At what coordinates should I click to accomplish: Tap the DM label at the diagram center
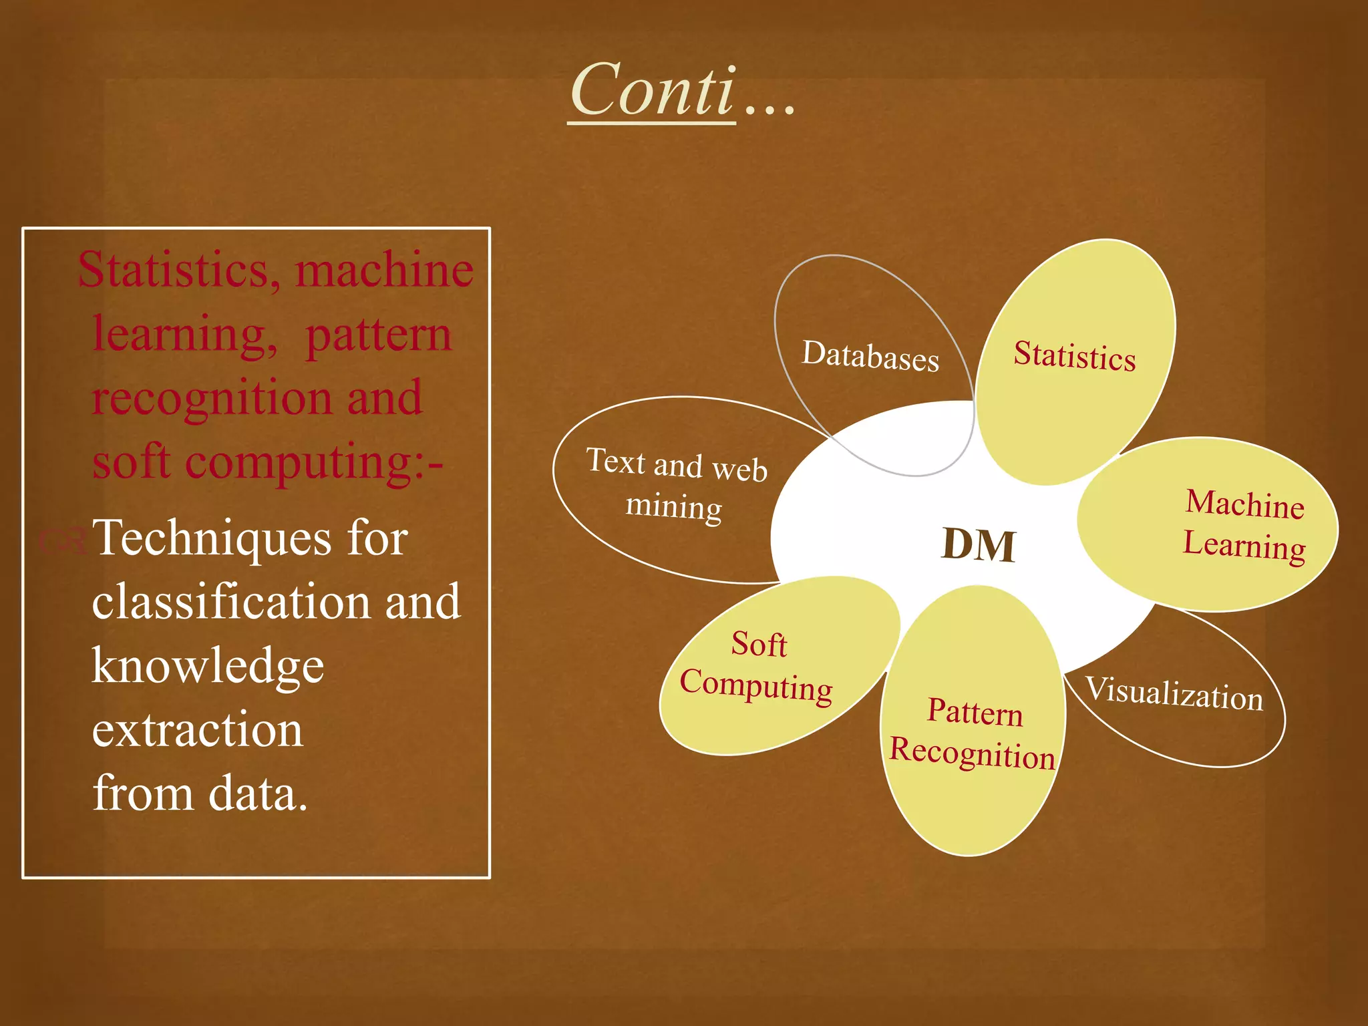pos(979,545)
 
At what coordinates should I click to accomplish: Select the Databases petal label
pos(870,355)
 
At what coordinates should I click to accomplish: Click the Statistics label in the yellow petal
pos(1074,355)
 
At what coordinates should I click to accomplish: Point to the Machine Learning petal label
pos(1244,525)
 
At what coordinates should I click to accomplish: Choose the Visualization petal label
pos(1174,693)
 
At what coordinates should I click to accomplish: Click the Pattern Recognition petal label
pos(973,733)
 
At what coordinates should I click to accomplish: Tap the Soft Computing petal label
pos(757,666)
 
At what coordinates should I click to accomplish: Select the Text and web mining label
pos(676,484)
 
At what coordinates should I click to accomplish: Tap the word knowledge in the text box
pos(208,666)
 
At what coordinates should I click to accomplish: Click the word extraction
pos(198,730)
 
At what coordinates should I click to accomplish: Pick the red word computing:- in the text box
pos(314,462)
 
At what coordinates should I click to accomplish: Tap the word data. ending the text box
pos(258,794)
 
